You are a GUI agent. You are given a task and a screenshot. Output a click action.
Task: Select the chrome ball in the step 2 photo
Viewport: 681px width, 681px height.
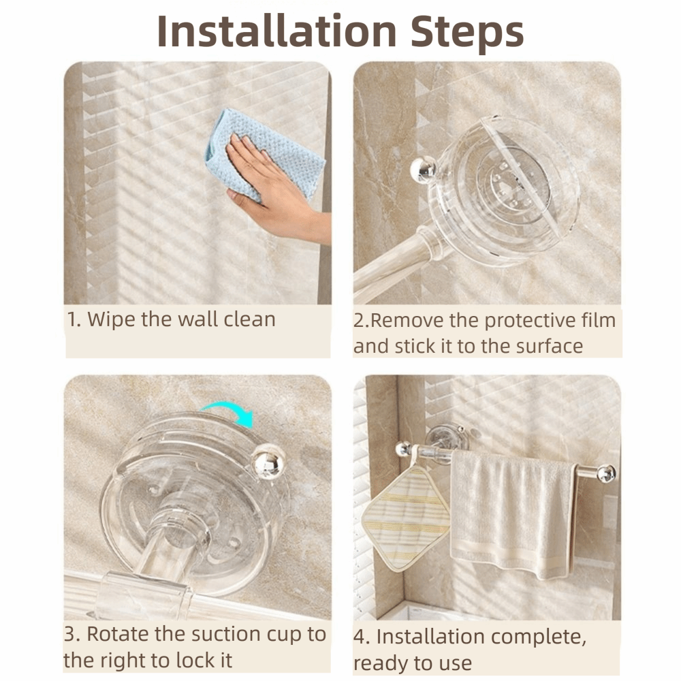click(x=422, y=169)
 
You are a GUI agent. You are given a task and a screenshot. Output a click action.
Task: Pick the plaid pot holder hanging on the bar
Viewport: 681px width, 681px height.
click(x=406, y=518)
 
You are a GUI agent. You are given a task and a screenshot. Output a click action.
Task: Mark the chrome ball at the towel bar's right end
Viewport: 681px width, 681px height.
click(x=606, y=473)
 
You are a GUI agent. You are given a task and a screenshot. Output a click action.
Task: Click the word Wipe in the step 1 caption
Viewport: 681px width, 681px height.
click(x=112, y=319)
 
